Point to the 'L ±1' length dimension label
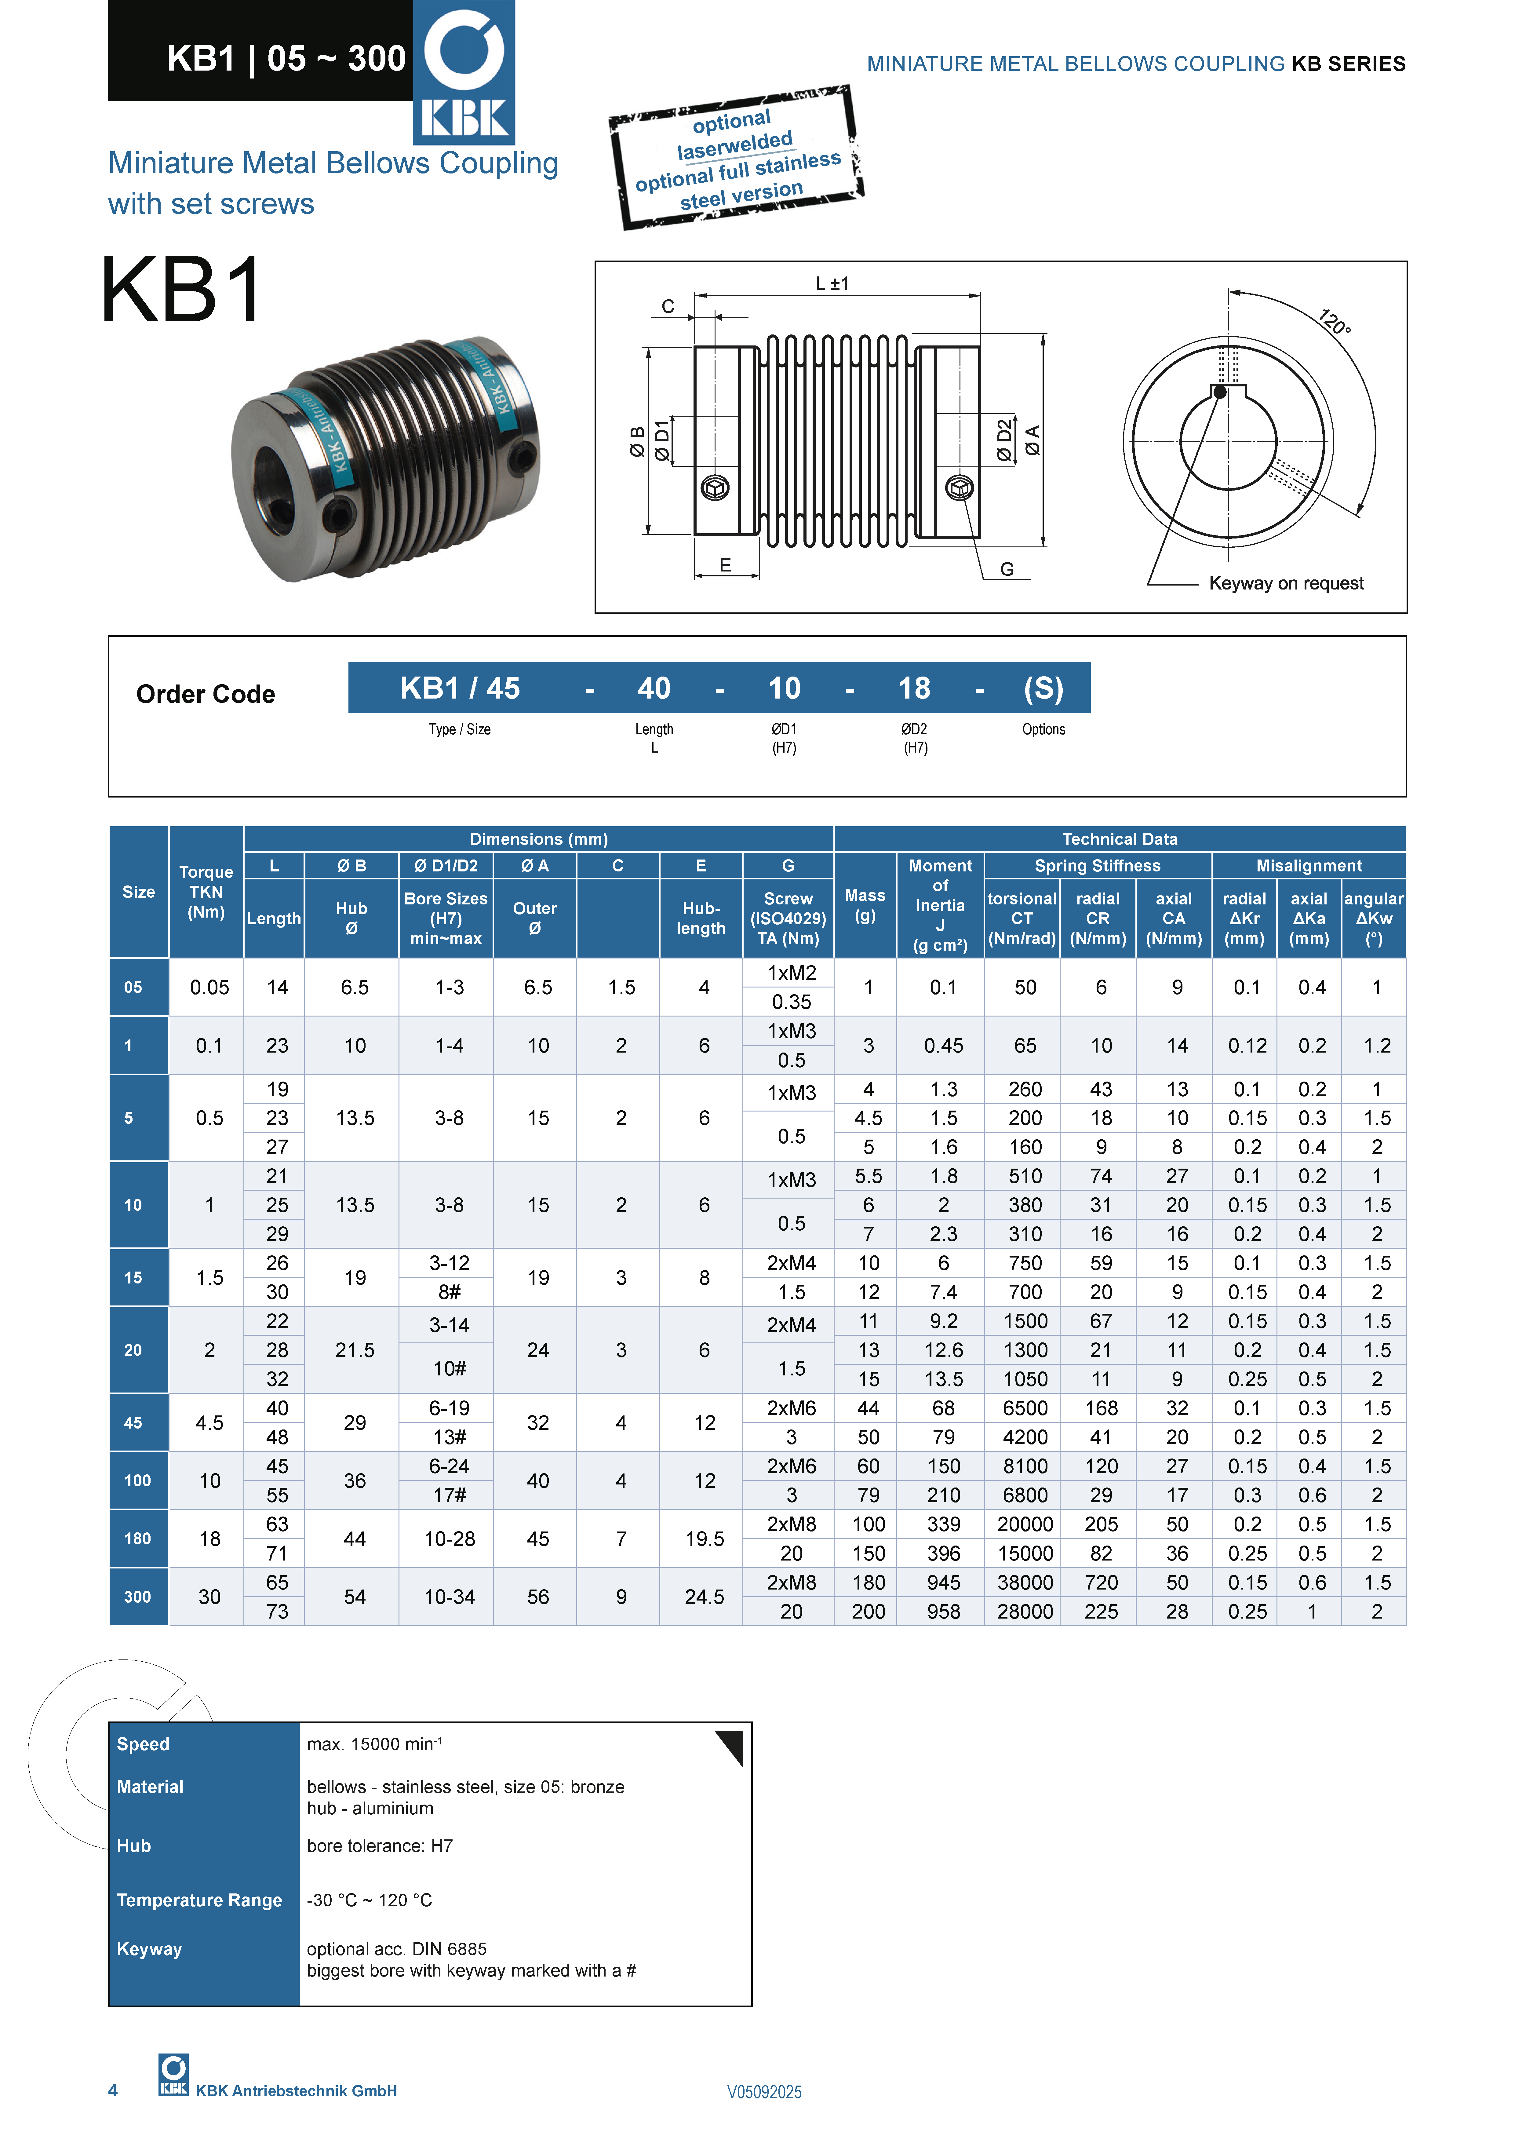tap(832, 283)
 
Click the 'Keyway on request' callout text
tap(1285, 583)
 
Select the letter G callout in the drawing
tap(1006, 568)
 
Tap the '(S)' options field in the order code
tap(1043, 688)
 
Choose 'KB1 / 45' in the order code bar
tap(459, 688)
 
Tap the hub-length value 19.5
tap(704, 1538)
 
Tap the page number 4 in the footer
tap(113, 2090)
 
